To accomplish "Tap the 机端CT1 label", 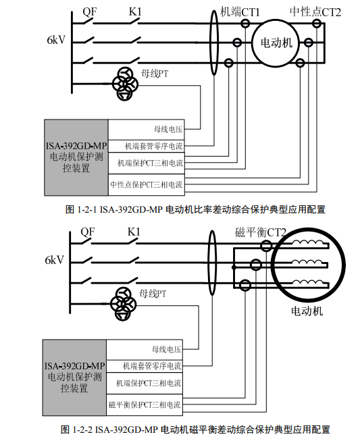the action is pos(240,12).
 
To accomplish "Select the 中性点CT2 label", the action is pos(315,12).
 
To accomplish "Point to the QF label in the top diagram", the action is pos(90,11).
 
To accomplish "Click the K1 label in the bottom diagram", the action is pos(134,232).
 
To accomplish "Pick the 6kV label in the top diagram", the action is pos(56,40).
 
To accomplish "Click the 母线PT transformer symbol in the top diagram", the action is pos(125,84).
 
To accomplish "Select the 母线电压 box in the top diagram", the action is pos(146,130).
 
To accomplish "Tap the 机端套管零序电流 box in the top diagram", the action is pos(146,146).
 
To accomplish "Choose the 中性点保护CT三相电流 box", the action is pos(146,185).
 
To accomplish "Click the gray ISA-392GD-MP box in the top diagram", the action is pos(76,157).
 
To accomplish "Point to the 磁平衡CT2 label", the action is pos(260,232).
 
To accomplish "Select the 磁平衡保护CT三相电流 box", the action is pos(145,404).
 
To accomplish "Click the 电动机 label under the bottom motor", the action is pos(307,311).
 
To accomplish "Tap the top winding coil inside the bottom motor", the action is pos(308,242).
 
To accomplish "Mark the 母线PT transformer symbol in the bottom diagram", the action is pos(123,304).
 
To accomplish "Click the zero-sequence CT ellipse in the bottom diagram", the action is pos(212,263).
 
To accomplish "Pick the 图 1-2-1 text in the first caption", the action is pos(81,210).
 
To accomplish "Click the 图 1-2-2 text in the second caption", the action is pos(76,429).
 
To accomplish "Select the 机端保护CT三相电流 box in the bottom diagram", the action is pos(145,383).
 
